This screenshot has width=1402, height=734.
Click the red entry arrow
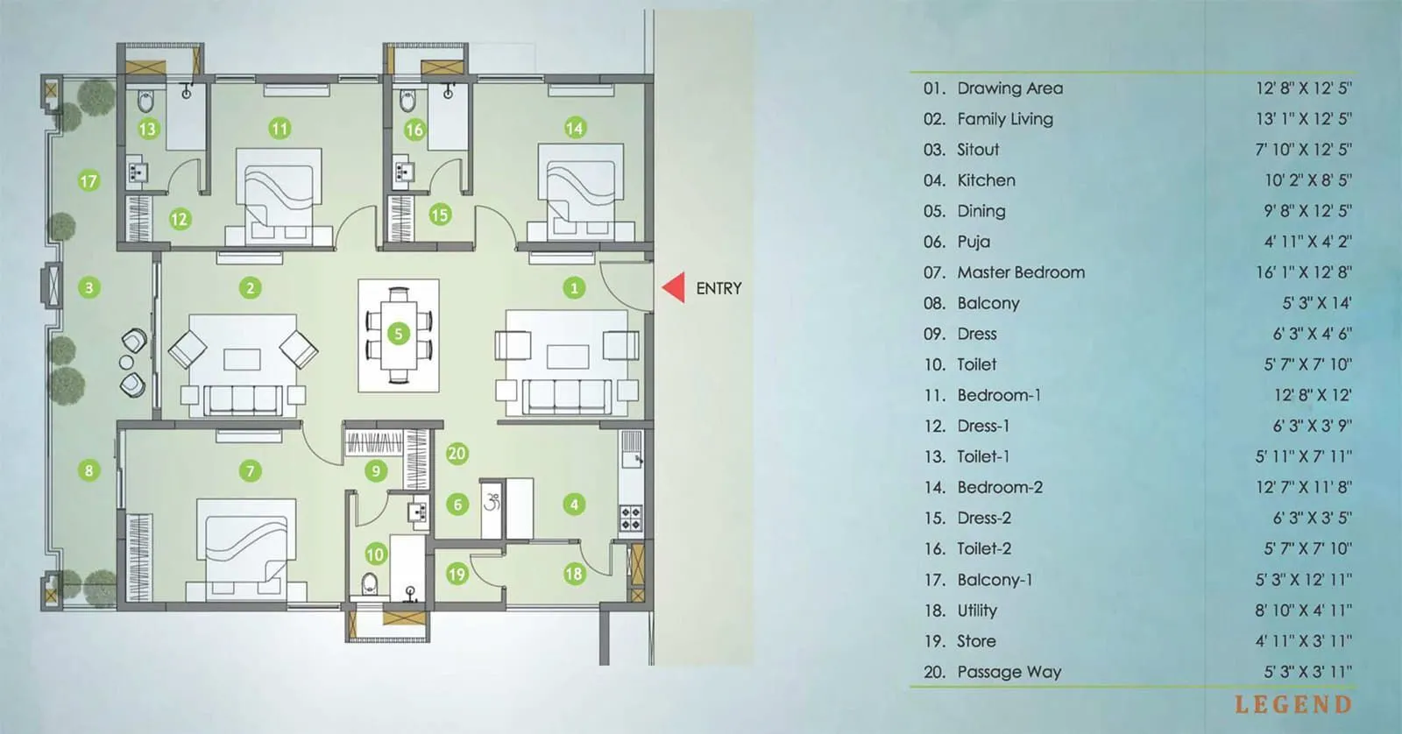[674, 288]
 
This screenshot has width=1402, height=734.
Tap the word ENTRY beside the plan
[719, 288]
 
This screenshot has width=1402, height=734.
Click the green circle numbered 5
[399, 334]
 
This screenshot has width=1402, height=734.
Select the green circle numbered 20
[457, 453]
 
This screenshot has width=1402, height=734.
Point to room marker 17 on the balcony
[89, 181]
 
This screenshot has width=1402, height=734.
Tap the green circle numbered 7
[250, 471]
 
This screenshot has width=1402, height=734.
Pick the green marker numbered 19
[457, 575]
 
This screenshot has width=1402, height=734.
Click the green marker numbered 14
[574, 128]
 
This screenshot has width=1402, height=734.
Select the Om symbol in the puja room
[492, 502]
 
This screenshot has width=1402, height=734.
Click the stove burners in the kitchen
[630, 518]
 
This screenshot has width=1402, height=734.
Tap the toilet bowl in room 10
[371, 583]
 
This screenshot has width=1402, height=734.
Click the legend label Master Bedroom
[1021, 272]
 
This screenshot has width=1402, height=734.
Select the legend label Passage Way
[1009, 672]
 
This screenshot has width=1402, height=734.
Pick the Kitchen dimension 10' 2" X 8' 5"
[1307, 180]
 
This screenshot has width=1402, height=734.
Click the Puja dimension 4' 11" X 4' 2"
[1307, 242]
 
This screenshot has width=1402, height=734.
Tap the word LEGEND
[1292, 704]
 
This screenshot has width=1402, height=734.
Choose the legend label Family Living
[1005, 119]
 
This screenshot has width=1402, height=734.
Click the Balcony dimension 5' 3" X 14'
[1317, 303]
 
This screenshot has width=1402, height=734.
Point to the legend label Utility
[977, 610]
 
